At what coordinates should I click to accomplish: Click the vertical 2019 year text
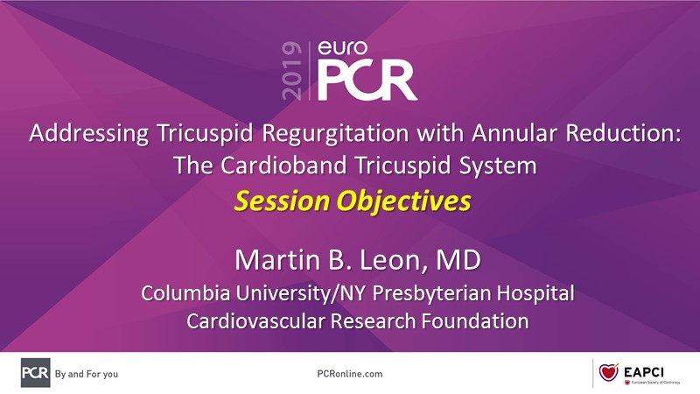292,71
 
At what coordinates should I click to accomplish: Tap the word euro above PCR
342,48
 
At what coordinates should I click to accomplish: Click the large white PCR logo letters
367,81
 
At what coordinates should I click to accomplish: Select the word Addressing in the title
89,134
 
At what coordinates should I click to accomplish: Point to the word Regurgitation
335,134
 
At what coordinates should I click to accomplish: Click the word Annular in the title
514,133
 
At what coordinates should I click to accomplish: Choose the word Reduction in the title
624,133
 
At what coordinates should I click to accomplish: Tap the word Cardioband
283,165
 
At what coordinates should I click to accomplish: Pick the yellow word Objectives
403,202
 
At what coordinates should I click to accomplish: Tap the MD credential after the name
458,260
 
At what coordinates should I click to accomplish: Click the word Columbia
185,293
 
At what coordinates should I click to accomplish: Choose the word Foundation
475,321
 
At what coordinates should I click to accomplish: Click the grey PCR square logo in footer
35,373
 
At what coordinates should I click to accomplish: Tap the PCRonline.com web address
349,374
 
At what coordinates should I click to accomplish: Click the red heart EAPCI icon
608,371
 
